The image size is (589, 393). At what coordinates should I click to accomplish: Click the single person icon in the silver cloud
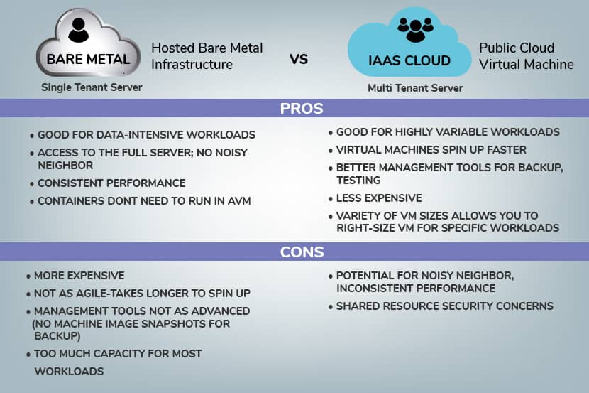(79, 30)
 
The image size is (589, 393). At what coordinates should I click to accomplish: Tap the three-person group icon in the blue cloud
(415, 30)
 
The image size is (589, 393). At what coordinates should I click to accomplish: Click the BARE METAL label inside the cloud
(88, 59)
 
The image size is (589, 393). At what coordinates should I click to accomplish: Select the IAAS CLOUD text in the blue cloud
(409, 60)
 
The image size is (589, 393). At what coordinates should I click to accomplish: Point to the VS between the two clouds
(299, 59)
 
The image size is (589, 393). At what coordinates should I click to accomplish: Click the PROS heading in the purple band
(302, 108)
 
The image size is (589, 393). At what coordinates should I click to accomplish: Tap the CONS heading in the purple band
(302, 252)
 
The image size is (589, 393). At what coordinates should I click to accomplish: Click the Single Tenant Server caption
(92, 87)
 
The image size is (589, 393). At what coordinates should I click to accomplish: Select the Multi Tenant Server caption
(415, 88)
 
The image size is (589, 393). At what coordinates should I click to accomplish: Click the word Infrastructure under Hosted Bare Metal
(192, 64)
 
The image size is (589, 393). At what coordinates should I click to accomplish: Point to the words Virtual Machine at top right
(527, 64)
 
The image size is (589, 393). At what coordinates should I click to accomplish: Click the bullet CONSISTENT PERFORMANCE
(111, 183)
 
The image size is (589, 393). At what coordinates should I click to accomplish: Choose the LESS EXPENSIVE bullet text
(379, 198)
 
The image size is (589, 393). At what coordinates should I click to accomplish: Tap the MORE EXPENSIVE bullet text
(79, 276)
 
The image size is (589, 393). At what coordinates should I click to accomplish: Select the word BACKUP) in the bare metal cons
(57, 336)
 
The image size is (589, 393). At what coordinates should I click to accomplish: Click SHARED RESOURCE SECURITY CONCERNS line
(445, 306)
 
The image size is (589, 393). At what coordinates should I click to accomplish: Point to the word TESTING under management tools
(358, 181)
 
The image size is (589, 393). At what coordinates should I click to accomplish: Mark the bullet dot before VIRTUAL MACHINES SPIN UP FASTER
(331, 151)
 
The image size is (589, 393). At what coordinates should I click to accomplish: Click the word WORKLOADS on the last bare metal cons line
(69, 372)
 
